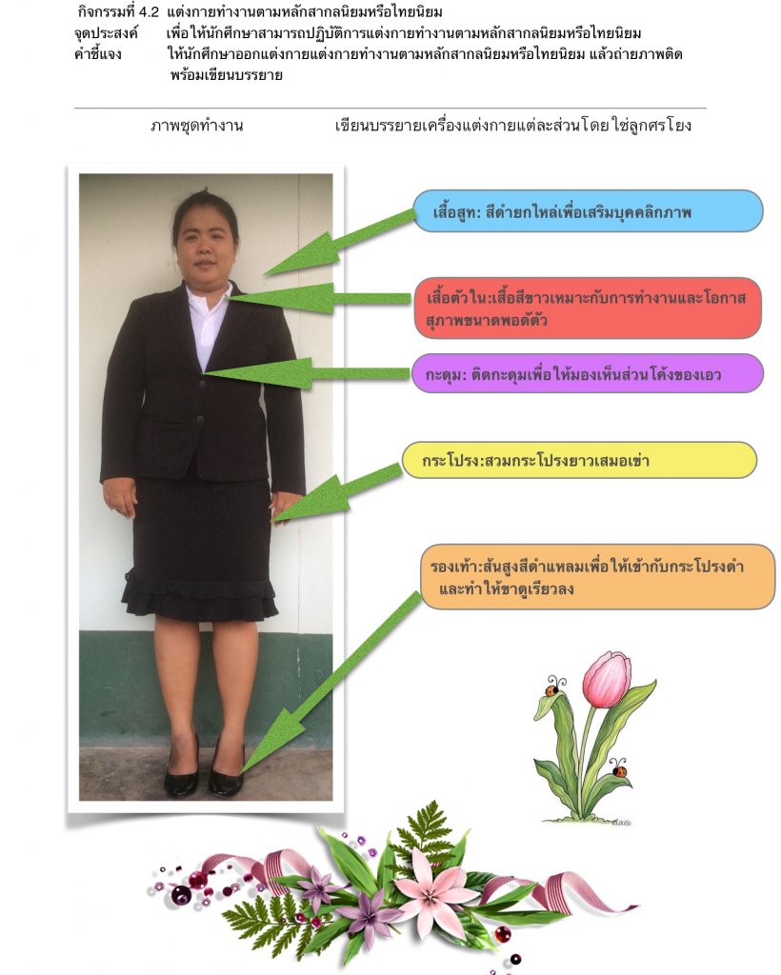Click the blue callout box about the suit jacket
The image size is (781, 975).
[x=588, y=211]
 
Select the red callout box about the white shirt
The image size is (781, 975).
[x=588, y=308]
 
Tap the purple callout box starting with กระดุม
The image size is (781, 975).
[x=588, y=373]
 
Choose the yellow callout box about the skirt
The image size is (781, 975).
[x=578, y=460]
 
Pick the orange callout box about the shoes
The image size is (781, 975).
[x=597, y=577]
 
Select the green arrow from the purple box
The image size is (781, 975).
[x=305, y=373]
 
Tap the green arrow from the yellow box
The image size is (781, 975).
[x=338, y=492]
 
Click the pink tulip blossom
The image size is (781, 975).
[x=607, y=679]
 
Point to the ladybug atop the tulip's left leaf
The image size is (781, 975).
[x=551, y=686]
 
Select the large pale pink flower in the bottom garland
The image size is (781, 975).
[x=437, y=892]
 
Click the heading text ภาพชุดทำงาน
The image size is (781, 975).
[x=196, y=126]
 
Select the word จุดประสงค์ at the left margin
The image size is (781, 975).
[x=106, y=33]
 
